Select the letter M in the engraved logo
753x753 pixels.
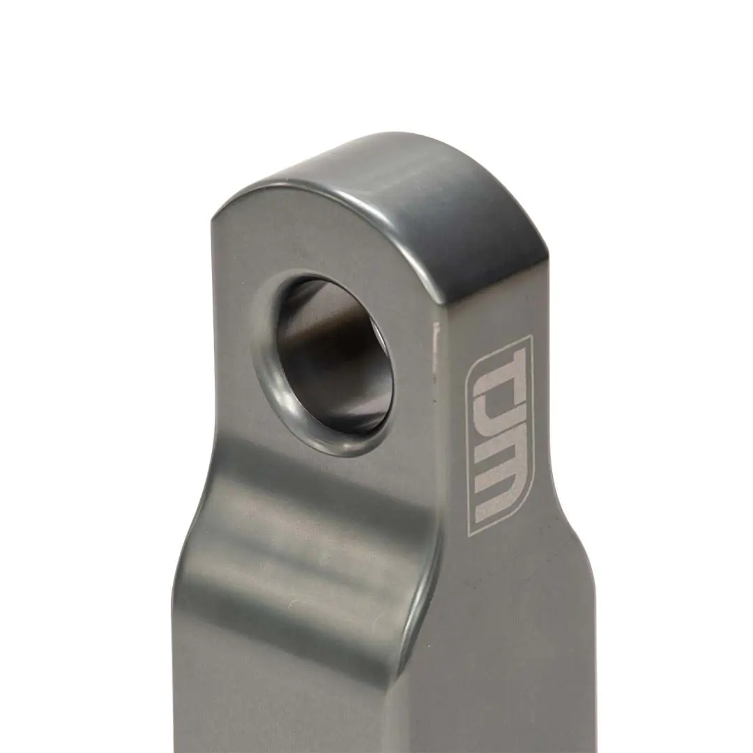(499, 492)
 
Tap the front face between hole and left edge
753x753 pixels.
(234, 349)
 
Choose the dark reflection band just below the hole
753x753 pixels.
(314, 481)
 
